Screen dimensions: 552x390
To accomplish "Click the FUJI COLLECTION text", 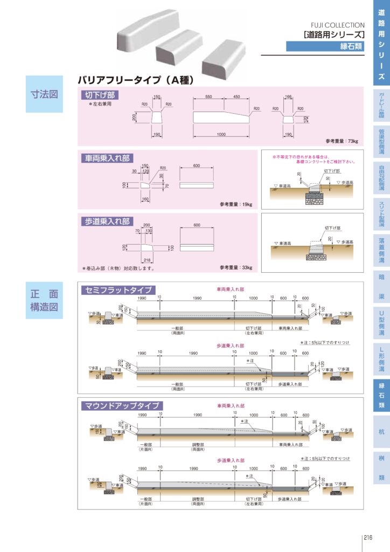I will click(x=338, y=25).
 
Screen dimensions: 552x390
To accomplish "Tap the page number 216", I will click(x=368, y=537).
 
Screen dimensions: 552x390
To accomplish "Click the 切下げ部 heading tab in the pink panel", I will click(x=100, y=95).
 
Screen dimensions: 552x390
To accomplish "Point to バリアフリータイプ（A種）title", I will click(x=135, y=80).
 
